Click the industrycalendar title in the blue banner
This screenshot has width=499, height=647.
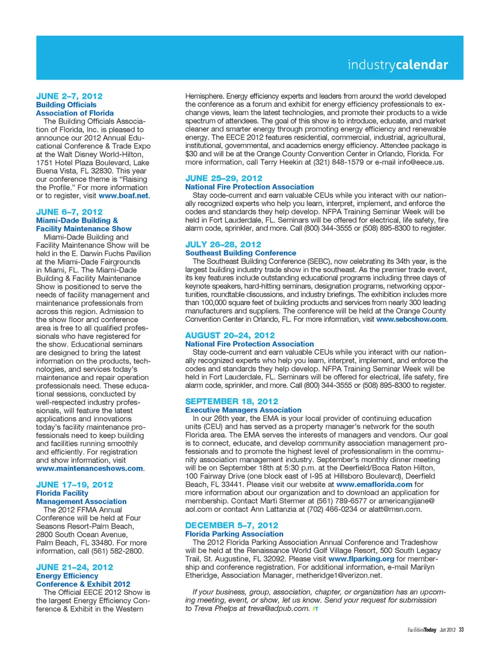click(x=398, y=65)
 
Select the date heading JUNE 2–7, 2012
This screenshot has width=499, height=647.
click(x=69, y=96)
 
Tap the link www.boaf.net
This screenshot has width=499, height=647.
click(x=123, y=196)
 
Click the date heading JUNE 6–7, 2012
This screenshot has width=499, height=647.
click(x=69, y=212)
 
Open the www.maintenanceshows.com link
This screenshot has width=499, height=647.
click(x=89, y=468)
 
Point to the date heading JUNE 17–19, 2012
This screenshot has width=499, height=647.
click(x=74, y=484)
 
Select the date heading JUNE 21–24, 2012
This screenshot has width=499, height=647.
click(x=74, y=567)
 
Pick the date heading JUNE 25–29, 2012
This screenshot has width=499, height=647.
click(x=224, y=178)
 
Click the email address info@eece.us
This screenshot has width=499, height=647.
click(x=421, y=162)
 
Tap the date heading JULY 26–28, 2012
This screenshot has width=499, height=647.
click(x=223, y=244)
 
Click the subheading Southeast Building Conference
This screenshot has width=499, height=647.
click(x=241, y=253)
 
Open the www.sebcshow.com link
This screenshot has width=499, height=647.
click(x=411, y=319)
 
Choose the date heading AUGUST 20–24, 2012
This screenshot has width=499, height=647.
click(x=230, y=335)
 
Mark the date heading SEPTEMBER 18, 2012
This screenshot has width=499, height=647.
click(x=231, y=401)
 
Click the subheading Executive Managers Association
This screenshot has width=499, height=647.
click(x=243, y=410)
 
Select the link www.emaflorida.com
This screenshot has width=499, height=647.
click(x=374, y=484)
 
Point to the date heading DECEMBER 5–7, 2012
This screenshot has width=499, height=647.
click(x=231, y=525)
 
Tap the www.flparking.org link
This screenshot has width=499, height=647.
click(x=361, y=559)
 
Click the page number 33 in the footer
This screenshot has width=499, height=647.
click(x=461, y=630)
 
